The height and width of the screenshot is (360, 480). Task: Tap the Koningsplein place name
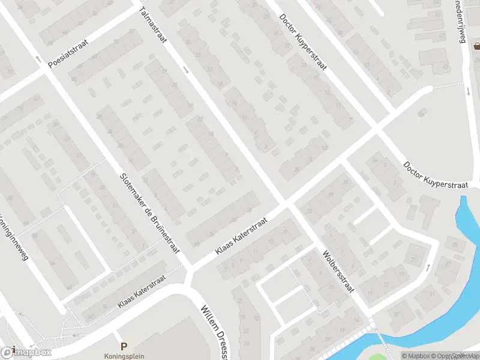[x=124, y=355]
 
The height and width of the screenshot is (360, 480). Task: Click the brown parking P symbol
[x=124, y=346]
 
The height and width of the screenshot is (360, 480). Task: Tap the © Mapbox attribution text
[x=416, y=356]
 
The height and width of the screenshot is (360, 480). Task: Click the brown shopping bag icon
[x=476, y=46]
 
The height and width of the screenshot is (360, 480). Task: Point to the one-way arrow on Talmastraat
[x=186, y=70]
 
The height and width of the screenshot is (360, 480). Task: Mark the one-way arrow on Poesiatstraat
[x=38, y=59]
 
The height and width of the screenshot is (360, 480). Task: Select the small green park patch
[x=377, y=357]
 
